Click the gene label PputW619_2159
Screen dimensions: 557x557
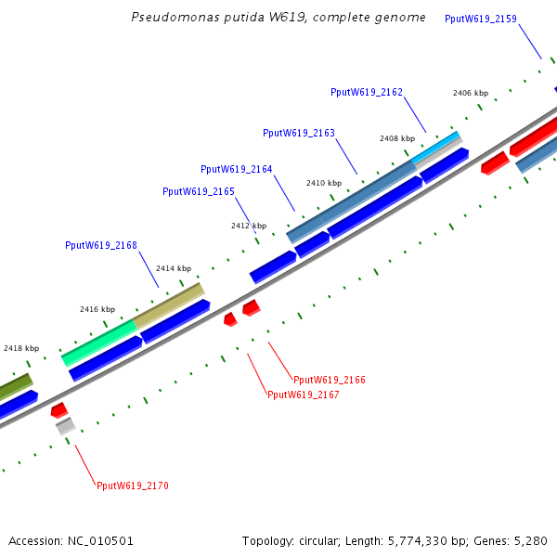point(481,19)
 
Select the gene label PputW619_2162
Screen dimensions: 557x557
point(367,92)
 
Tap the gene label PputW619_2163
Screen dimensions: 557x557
point(299,133)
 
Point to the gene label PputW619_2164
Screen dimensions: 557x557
point(237,170)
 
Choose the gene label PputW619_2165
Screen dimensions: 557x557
point(199,192)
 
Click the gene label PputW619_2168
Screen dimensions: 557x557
point(101,245)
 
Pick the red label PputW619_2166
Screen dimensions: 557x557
point(330,380)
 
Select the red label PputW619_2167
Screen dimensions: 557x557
point(304,395)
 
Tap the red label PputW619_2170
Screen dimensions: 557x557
point(133,486)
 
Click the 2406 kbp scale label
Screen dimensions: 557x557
point(471,93)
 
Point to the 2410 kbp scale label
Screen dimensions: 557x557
point(324,183)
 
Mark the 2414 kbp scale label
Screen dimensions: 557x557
point(174,268)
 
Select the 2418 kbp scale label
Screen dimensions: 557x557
point(21,348)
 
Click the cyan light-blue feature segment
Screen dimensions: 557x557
point(436,148)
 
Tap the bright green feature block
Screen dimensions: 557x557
point(99,343)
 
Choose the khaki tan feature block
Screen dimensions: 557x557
point(169,305)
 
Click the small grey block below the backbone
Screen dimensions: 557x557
point(66,426)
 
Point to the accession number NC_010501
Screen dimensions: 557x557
point(100,541)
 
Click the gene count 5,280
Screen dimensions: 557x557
point(531,541)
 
